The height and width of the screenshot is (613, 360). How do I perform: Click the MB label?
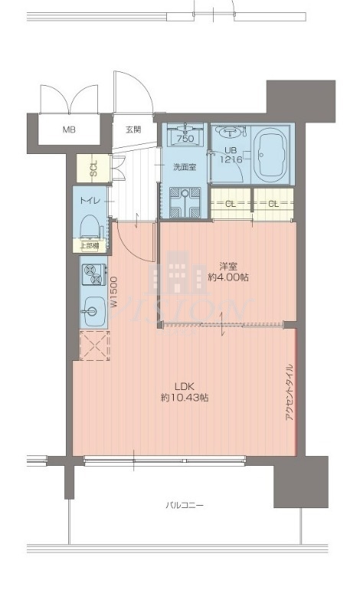pos(69,129)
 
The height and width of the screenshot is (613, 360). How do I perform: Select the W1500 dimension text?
pos(113,292)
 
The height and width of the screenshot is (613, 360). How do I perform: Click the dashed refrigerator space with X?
pos(94,346)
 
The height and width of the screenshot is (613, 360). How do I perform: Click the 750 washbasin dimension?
pos(185,139)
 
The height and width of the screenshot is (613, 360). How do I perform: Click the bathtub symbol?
pos(270,152)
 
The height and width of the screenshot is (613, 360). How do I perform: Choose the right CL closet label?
pos(273,203)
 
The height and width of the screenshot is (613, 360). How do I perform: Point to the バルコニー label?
pos(184,505)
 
